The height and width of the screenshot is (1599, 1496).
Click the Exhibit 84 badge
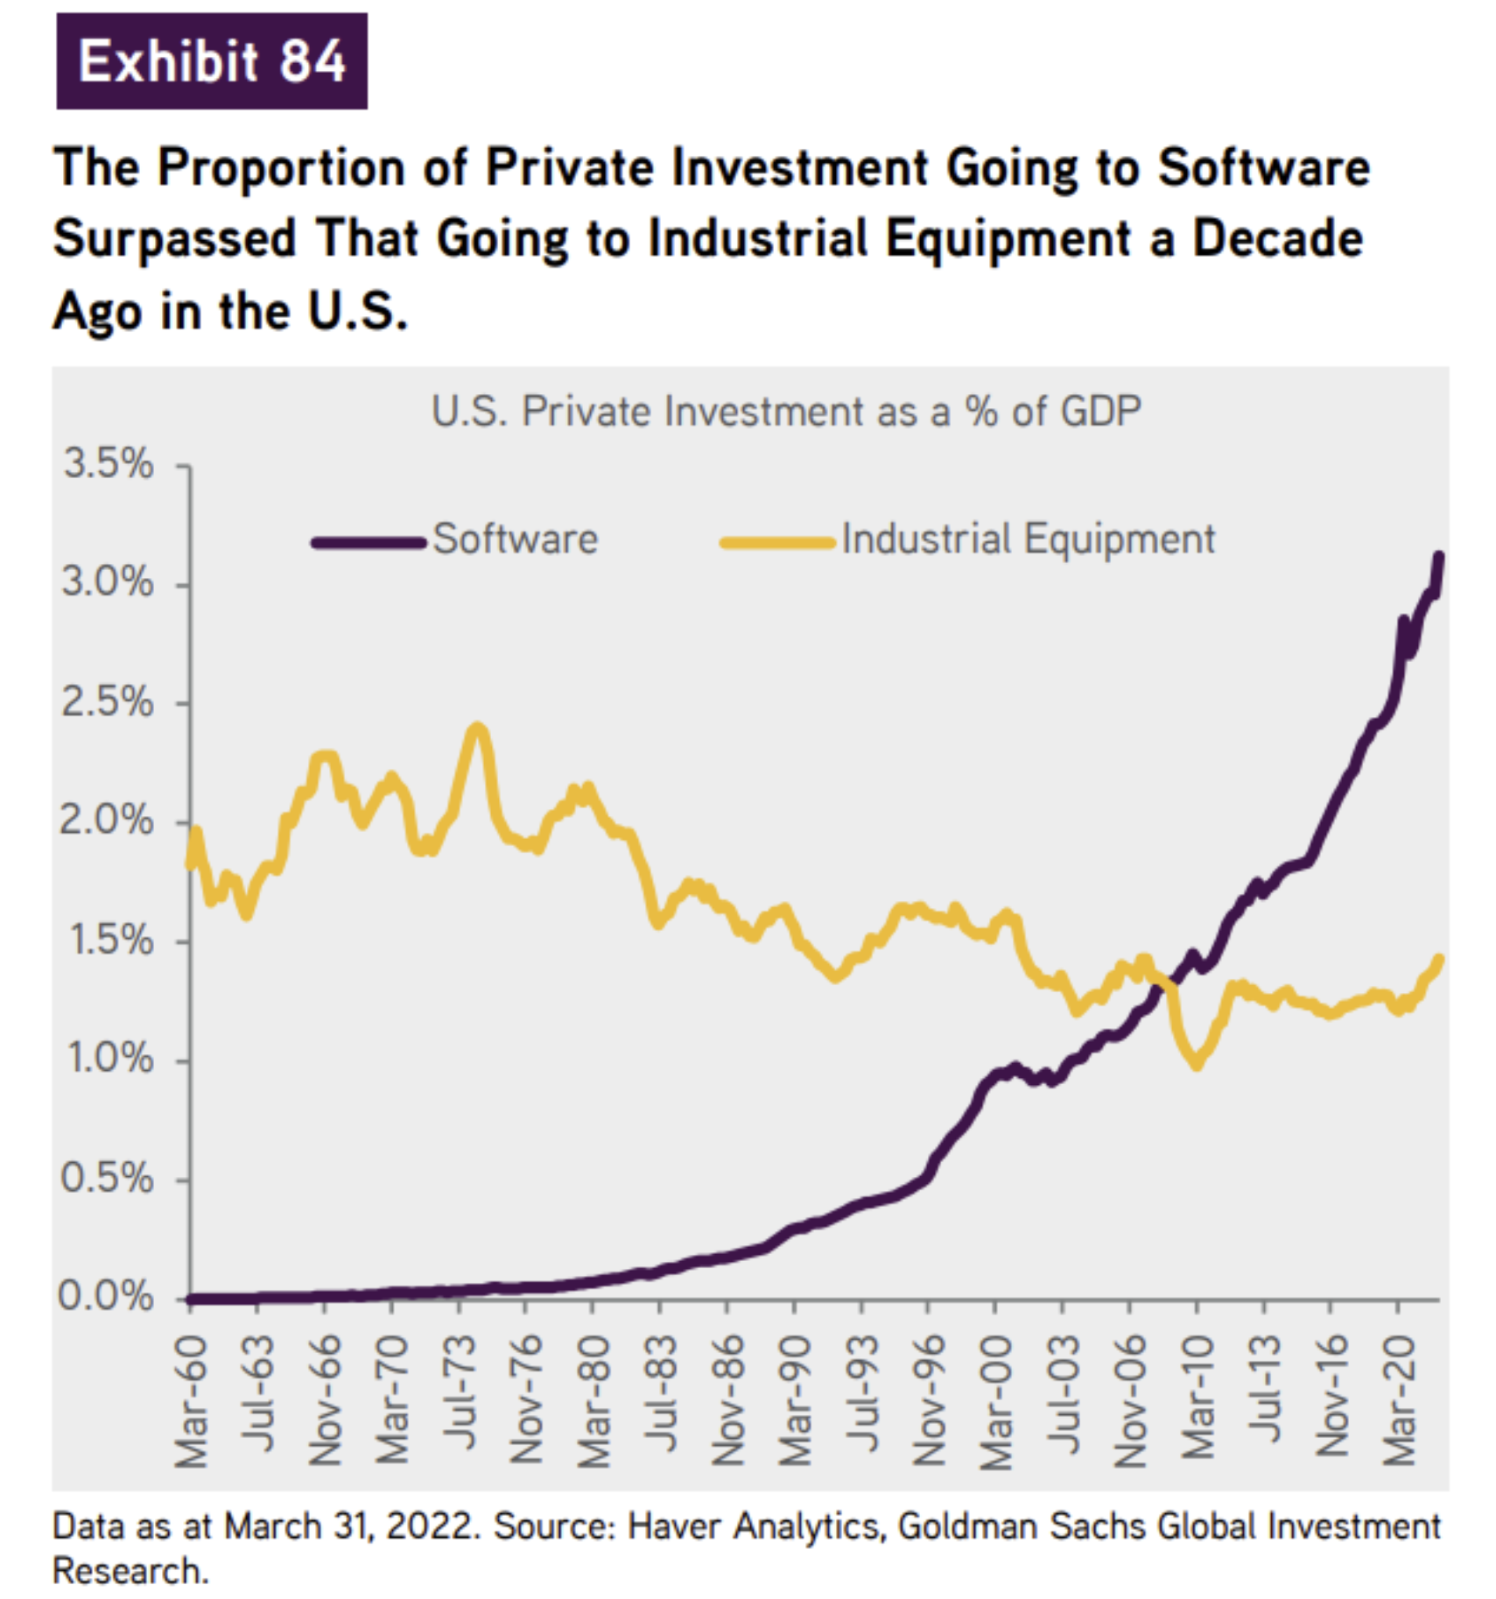pos(211,60)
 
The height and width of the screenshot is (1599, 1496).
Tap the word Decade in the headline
pos(1277,238)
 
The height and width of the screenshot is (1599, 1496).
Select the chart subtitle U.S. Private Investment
pos(785,411)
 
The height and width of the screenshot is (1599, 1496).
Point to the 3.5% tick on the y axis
pos(108,464)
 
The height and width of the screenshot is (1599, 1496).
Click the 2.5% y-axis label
pos(108,702)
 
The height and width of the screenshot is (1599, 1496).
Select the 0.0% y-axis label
pos(106,1297)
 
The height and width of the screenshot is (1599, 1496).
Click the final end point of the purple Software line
pos(1439,556)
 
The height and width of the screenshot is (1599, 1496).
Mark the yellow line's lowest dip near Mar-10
pos(1197,1065)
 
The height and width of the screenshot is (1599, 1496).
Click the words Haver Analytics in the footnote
pos(754,1527)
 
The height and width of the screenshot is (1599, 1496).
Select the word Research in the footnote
pos(129,1572)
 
